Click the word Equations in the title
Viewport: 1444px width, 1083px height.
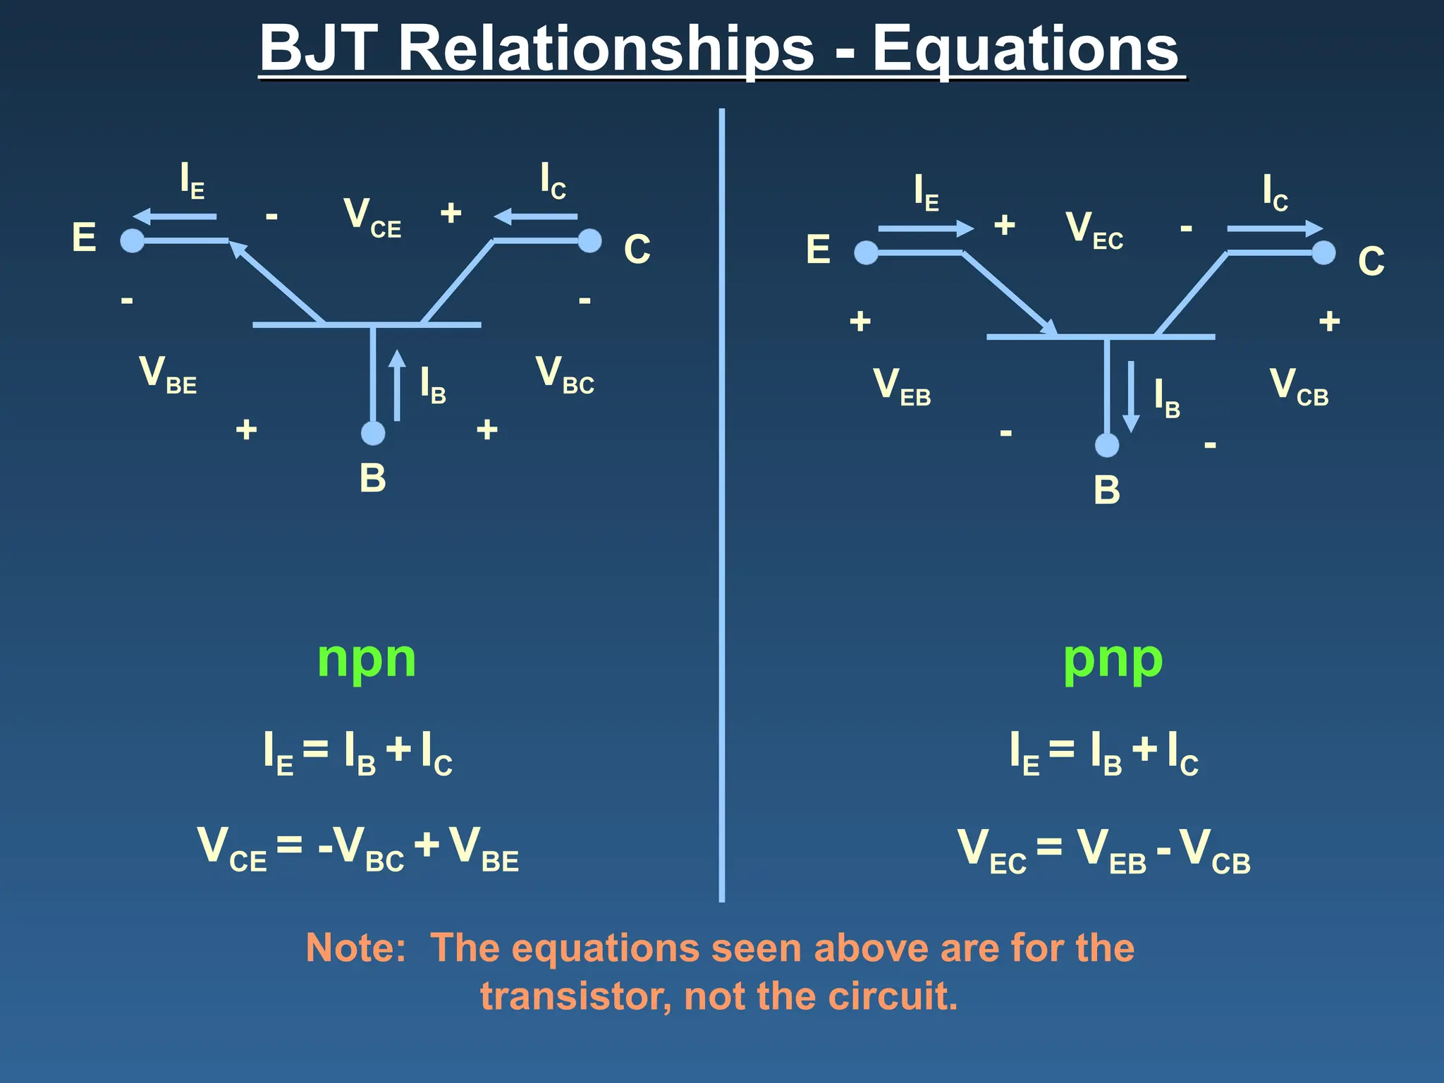tap(1025, 49)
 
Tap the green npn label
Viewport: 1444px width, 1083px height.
tap(367, 659)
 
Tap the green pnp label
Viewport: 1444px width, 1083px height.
tap(1113, 659)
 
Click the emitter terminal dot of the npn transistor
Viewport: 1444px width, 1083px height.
tap(133, 241)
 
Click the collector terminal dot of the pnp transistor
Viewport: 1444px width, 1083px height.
tap(1323, 252)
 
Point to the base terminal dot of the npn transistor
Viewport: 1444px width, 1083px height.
tap(373, 433)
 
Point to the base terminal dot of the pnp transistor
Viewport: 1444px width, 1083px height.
tap(1107, 445)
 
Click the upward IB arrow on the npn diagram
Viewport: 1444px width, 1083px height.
tap(398, 386)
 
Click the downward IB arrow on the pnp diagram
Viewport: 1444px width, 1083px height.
tap(1131, 396)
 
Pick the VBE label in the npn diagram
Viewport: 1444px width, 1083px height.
tap(168, 374)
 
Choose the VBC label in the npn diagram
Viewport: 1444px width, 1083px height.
tap(565, 374)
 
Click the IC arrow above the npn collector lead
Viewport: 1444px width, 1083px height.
tap(536, 216)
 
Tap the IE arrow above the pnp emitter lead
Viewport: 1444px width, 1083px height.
tap(925, 228)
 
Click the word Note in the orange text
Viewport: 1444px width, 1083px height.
tap(355, 948)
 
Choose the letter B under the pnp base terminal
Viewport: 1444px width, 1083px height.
tap(1107, 490)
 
